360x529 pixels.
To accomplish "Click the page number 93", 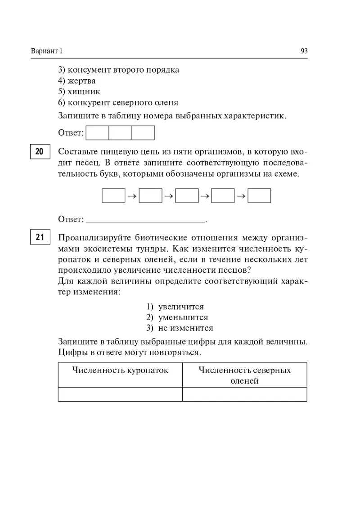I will (x=304, y=51).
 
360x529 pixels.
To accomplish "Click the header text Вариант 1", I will (x=47, y=51).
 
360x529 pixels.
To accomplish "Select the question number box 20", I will (x=40, y=152).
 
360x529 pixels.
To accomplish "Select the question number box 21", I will (x=40, y=237).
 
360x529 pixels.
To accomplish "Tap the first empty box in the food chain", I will (x=113, y=196).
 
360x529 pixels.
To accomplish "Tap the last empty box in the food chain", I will (x=259, y=196).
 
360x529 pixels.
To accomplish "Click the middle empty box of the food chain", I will (x=187, y=196).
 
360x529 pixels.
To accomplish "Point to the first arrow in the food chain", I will (x=132, y=196).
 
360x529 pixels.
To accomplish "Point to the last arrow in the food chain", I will (x=241, y=196).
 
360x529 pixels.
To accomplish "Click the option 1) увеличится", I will (x=175, y=307).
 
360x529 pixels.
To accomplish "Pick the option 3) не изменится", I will (x=180, y=328).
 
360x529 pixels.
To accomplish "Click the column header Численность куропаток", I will (x=120, y=371).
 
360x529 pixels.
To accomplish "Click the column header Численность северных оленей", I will (x=245, y=375).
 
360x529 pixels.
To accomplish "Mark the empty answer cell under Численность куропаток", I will (x=120, y=394).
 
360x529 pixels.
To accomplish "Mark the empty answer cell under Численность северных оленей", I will (x=245, y=394).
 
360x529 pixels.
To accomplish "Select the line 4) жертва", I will (x=77, y=81).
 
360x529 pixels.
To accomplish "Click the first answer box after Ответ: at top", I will (x=97, y=133).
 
